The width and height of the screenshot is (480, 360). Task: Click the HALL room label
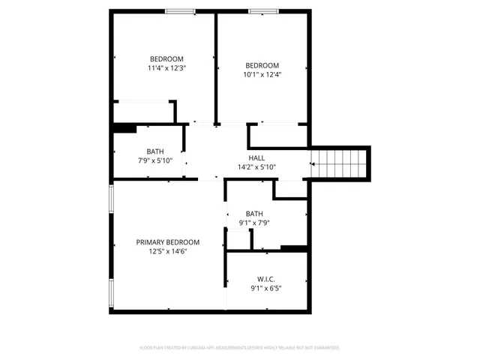coord(256,157)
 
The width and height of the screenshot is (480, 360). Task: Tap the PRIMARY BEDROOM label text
coord(167,242)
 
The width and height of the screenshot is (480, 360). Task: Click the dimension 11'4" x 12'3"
coord(166,68)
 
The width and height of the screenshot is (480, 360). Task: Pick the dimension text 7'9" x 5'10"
coord(154,160)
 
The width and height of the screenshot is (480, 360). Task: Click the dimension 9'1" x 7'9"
coord(254,223)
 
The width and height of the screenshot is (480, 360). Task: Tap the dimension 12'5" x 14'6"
coord(167,252)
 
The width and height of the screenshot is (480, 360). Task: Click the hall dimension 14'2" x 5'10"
coord(256,167)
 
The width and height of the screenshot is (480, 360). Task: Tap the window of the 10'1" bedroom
coord(262,11)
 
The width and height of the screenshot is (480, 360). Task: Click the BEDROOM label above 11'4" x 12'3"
coord(166,58)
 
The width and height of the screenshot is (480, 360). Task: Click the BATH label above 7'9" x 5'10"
coord(154,151)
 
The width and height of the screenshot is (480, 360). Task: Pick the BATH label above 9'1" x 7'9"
coord(254,213)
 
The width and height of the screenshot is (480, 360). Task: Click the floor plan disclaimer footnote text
coord(240,348)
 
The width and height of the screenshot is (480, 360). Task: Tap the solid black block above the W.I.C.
coord(294,249)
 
